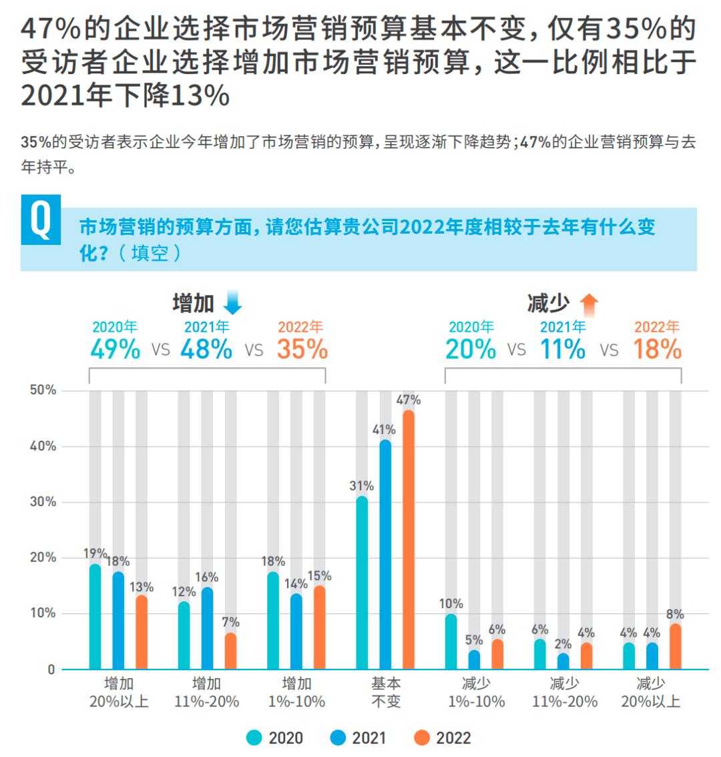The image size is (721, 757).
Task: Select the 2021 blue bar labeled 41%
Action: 385,554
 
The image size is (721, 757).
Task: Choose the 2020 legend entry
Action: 274,738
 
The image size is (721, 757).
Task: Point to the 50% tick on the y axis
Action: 43,390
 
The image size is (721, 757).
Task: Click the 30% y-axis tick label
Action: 43,502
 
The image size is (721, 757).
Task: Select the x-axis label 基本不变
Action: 385,692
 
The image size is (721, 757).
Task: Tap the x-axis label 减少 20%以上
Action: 651,692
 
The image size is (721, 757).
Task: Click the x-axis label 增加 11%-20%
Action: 207,692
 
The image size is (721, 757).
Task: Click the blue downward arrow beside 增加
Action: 232,304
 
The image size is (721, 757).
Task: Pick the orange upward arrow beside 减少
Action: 589,304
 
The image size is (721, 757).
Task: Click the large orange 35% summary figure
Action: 302,349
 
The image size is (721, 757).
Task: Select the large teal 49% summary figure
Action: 115,349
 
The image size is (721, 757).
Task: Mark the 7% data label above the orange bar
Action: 230,623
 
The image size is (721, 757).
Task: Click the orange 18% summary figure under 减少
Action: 657,349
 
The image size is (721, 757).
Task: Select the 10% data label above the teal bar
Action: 451,604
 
